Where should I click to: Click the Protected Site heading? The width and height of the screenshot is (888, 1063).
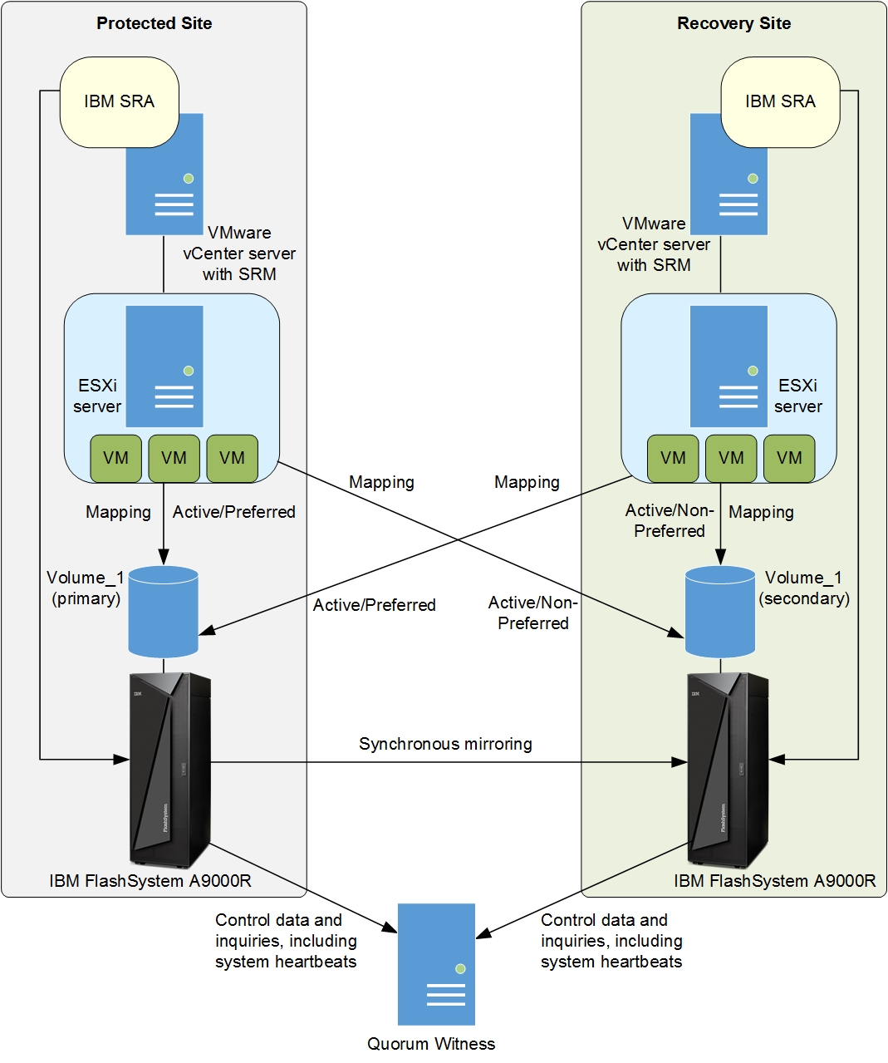click(154, 23)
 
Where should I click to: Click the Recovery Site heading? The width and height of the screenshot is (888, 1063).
click(733, 23)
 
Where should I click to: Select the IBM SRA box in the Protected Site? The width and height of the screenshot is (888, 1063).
click(119, 101)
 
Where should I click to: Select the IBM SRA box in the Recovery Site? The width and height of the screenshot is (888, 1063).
click(780, 101)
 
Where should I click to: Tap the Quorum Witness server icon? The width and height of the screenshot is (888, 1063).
click(436, 964)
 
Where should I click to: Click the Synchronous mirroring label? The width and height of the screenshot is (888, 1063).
click(445, 744)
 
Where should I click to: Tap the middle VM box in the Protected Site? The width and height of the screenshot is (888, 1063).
click(174, 458)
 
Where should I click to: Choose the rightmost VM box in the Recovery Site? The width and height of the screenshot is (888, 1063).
click(789, 458)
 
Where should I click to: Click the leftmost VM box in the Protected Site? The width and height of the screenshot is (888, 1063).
click(115, 458)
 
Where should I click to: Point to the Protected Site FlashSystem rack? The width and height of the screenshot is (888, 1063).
click(170, 770)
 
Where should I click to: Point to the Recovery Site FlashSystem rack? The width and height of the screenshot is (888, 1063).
click(728, 770)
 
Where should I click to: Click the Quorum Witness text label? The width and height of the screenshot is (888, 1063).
click(431, 1044)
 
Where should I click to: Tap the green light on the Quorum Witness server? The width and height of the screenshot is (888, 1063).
click(460, 969)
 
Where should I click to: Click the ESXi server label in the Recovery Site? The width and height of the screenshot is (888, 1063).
click(798, 396)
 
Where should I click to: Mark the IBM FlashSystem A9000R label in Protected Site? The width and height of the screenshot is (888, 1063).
click(150, 881)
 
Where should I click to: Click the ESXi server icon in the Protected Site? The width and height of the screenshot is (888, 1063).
click(164, 367)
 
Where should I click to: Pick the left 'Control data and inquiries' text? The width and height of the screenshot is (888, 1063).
click(286, 941)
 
